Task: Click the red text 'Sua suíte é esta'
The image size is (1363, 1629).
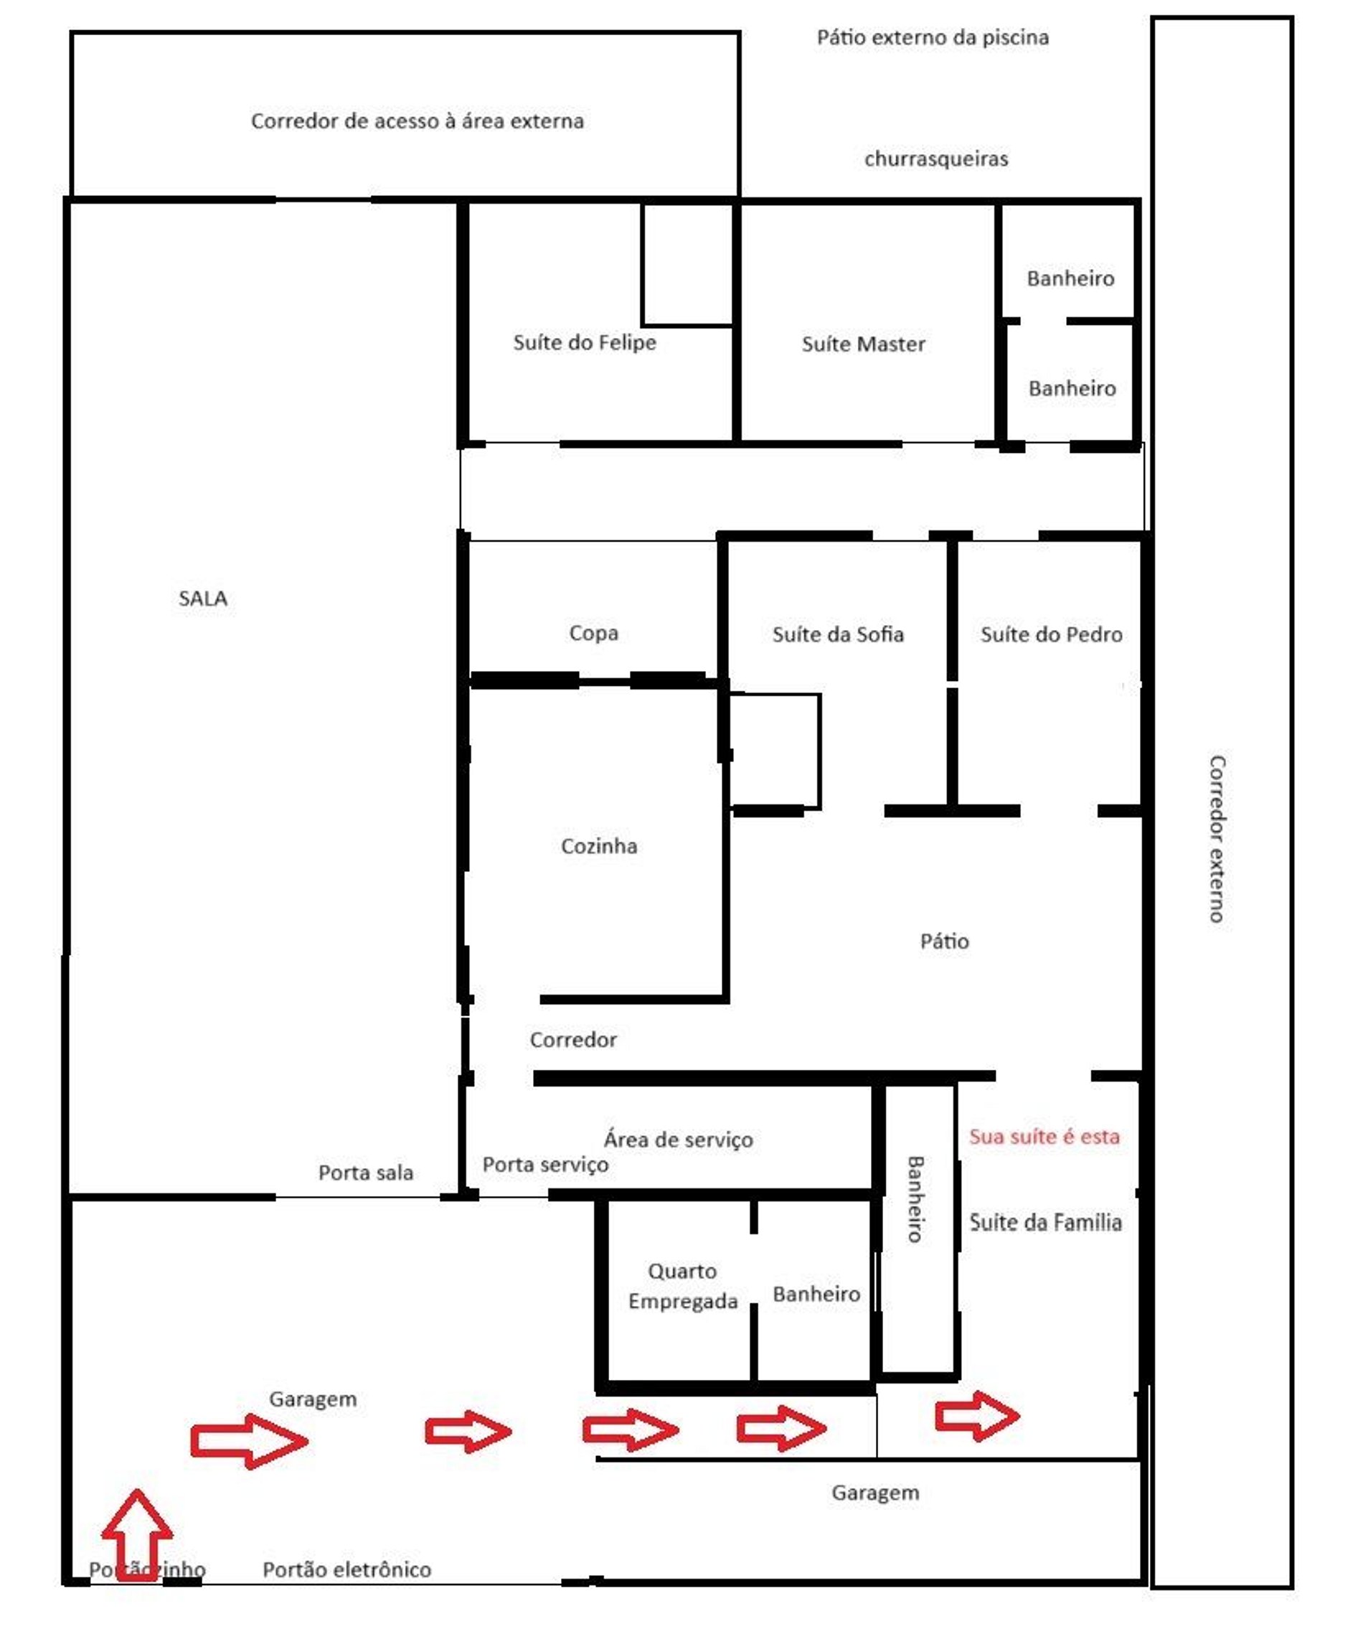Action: coord(1044,1137)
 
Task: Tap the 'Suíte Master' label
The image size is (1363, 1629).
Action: coord(864,344)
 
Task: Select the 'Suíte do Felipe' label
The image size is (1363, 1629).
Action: coord(585,343)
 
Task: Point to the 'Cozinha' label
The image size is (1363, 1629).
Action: coord(599,845)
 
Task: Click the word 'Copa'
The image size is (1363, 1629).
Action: coord(594,634)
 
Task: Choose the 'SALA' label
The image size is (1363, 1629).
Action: coord(203,598)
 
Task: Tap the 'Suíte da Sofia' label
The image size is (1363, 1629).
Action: coord(838,634)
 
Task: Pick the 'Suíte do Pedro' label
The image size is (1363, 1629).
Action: coord(1052,634)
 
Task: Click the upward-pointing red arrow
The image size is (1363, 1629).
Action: coord(137,1539)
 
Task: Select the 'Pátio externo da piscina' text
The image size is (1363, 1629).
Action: coord(933,37)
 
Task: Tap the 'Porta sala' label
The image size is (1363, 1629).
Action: coord(366,1172)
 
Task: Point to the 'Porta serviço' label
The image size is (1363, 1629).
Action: coord(545,1165)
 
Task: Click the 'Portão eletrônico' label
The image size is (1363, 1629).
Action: coord(346,1569)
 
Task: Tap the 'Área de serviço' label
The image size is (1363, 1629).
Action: coord(679,1140)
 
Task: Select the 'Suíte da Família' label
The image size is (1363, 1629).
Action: coord(1046,1223)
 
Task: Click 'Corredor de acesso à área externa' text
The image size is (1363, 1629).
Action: coord(417,121)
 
